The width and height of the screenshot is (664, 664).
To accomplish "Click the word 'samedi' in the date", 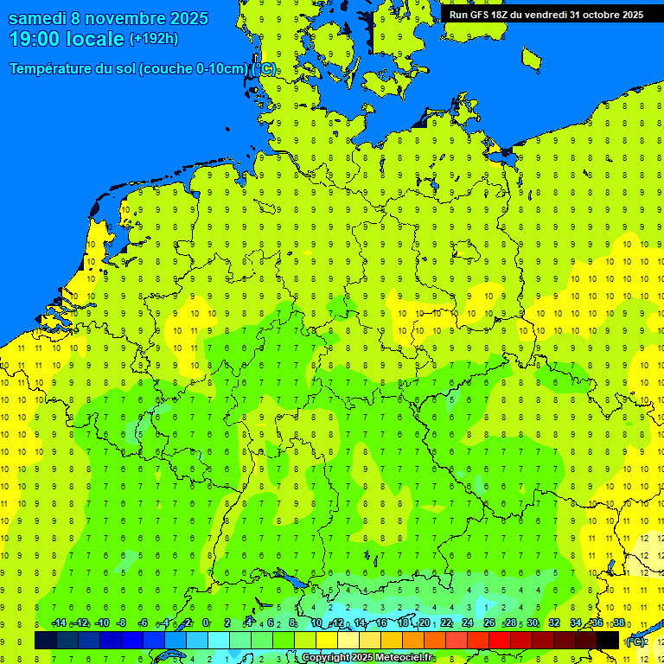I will (39, 18).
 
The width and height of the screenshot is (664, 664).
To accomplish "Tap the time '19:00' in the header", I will (35, 39).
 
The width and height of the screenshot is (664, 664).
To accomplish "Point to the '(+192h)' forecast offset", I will (154, 39).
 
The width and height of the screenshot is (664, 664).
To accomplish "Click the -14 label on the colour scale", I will (59, 623).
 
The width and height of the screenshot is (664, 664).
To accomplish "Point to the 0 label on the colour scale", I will (206, 623).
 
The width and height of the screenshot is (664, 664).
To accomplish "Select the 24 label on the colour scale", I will (468, 623).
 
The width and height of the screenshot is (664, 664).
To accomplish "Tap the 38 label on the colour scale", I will (619, 623).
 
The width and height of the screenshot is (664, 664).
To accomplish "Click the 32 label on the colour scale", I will (554, 623).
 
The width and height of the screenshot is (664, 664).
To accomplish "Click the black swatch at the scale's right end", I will (608, 641).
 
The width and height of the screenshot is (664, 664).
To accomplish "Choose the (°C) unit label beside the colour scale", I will (635, 641).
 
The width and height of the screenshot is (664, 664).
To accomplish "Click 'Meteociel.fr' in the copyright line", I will (404, 658).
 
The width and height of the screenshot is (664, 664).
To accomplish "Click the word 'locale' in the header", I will (97, 39).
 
